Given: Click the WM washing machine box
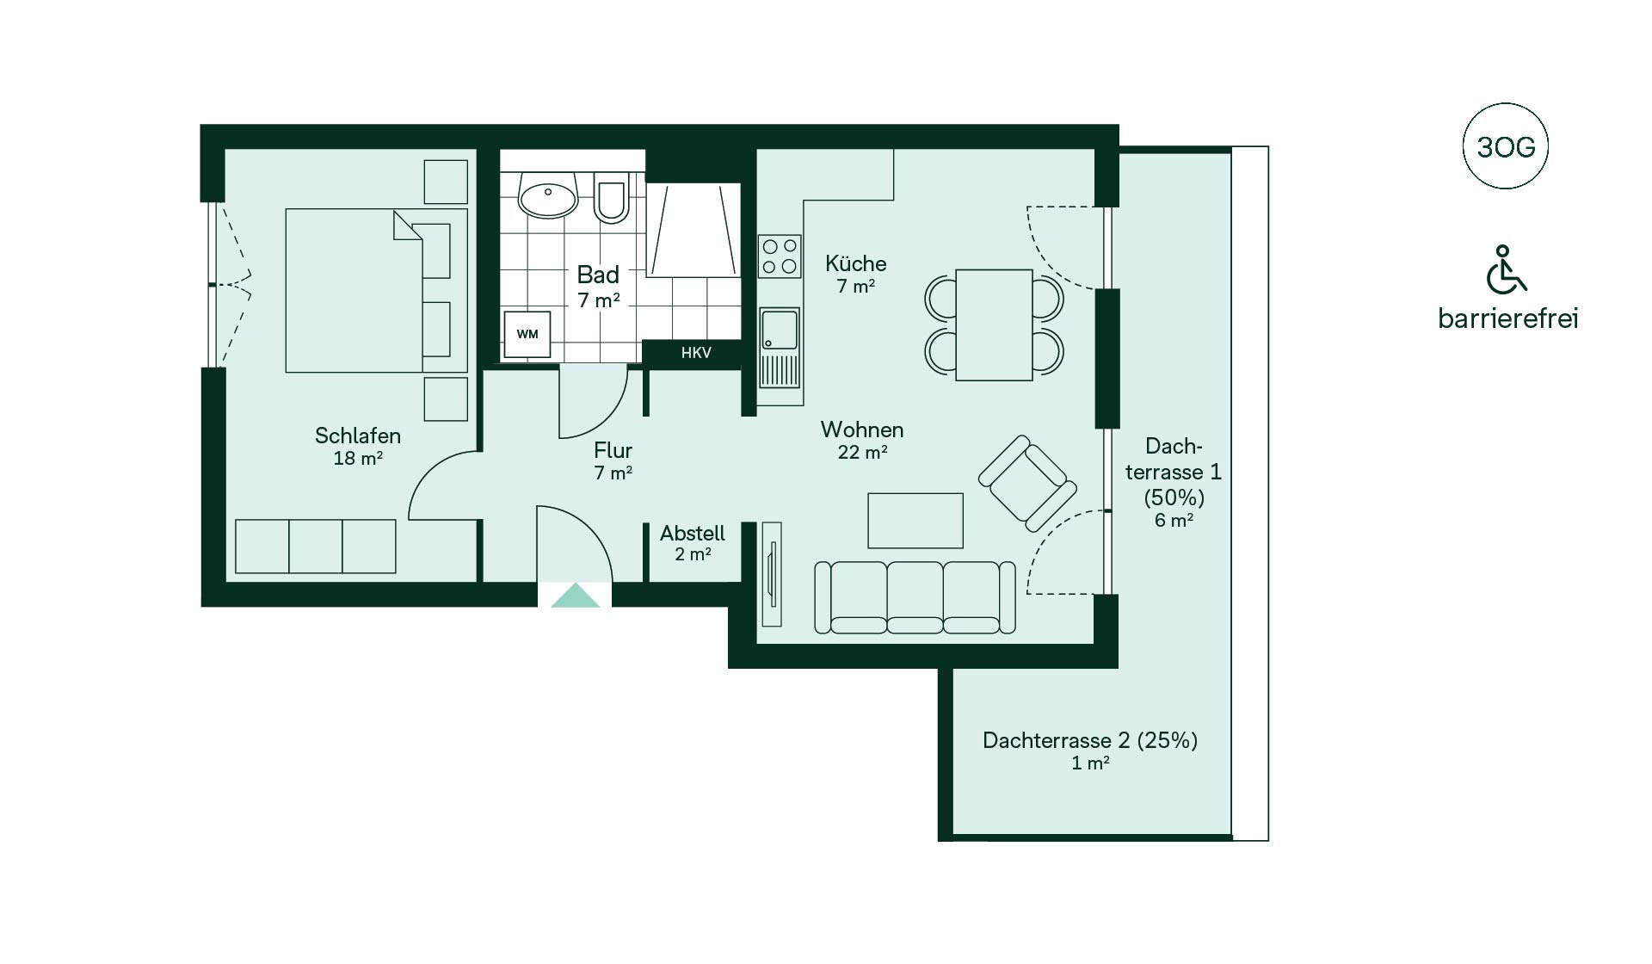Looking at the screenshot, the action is click(527, 334).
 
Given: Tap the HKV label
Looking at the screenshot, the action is click(696, 353).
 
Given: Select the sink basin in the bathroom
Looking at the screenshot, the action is click(547, 195).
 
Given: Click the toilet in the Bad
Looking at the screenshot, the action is click(611, 198).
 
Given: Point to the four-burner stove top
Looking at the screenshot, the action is click(780, 256).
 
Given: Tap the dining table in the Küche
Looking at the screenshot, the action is click(994, 324).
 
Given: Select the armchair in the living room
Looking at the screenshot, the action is click(1027, 483).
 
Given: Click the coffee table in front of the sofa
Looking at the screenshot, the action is click(915, 521).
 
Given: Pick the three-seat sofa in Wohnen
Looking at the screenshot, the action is click(915, 597).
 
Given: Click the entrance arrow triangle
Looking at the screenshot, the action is click(575, 596).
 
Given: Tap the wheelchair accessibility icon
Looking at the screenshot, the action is click(1506, 269).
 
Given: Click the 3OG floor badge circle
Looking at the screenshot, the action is click(1506, 146).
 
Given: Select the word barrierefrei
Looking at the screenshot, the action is click(1507, 318).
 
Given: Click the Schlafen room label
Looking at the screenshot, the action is click(358, 436).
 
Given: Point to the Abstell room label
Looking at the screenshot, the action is click(693, 533).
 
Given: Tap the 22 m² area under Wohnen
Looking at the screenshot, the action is click(862, 452).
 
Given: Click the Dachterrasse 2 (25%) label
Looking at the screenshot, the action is click(1090, 740).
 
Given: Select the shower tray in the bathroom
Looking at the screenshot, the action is click(693, 230).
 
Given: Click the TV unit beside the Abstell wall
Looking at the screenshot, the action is click(772, 574).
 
